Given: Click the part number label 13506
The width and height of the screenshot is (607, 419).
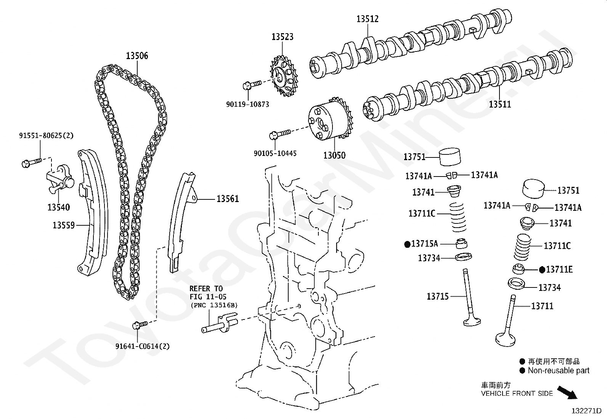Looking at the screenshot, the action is pyautogui.click(x=137, y=56).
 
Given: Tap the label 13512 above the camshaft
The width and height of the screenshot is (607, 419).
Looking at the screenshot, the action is pyautogui.click(x=368, y=19).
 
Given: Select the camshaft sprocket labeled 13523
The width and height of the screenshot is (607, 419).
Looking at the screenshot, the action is pyautogui.click(x=284, y=76).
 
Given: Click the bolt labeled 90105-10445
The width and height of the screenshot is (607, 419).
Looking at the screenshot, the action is pyautogui.click(x=280, y=134).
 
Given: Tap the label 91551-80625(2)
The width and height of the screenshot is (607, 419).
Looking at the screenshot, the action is pyautogui.click(x=47, y=135).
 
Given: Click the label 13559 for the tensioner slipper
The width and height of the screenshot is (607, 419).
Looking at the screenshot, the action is pyautogui.click(x=64, y=225).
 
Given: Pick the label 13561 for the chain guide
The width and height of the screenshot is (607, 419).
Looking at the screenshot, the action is pyautogui.click(x=228, y=199).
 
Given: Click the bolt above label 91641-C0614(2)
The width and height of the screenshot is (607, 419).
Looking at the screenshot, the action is pyautogui.click(x=140, y=325).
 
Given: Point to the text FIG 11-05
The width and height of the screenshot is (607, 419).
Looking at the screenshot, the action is pyautogui.click(x=208, y=297).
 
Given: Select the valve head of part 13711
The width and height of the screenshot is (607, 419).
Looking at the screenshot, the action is pyautogui.click(x=505, y=339).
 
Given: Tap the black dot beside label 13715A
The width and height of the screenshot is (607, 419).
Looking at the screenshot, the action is pyautogui.click(x=407, y=244).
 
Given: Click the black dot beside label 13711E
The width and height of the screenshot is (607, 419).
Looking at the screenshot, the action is pyautogui.click(x=542, y=270).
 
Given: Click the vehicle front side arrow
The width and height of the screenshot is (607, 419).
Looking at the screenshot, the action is pyautogui.click(x=567, y=393).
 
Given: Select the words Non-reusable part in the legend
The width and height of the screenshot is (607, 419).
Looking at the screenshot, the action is pyautogui.click(x=559, y=371).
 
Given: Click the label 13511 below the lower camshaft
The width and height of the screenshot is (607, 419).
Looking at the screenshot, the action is pyautogui.click(x=500, y=104).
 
